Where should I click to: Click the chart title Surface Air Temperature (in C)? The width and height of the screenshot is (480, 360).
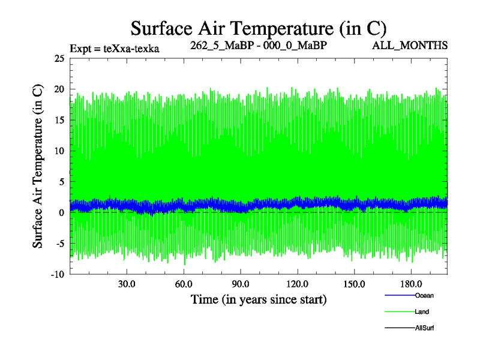tap(258, 28)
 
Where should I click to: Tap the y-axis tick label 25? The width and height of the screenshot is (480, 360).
tap(59, 59)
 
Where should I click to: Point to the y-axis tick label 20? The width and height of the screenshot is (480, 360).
tap(59, 89)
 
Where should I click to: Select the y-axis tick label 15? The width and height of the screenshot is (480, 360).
tap(59, 120)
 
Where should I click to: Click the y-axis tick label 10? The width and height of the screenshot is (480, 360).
tap(59, 151)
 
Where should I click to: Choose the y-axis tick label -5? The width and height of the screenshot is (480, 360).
tap(59, 244)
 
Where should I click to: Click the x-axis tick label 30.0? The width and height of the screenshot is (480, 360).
tap(127, 284)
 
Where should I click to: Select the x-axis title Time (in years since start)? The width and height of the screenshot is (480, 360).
tap(258, 299)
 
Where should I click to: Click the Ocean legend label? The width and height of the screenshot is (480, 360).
tap(424, 295)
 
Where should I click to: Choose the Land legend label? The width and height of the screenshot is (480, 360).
tap(422, 312)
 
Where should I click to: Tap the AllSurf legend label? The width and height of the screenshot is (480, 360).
tap(424, 328)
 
